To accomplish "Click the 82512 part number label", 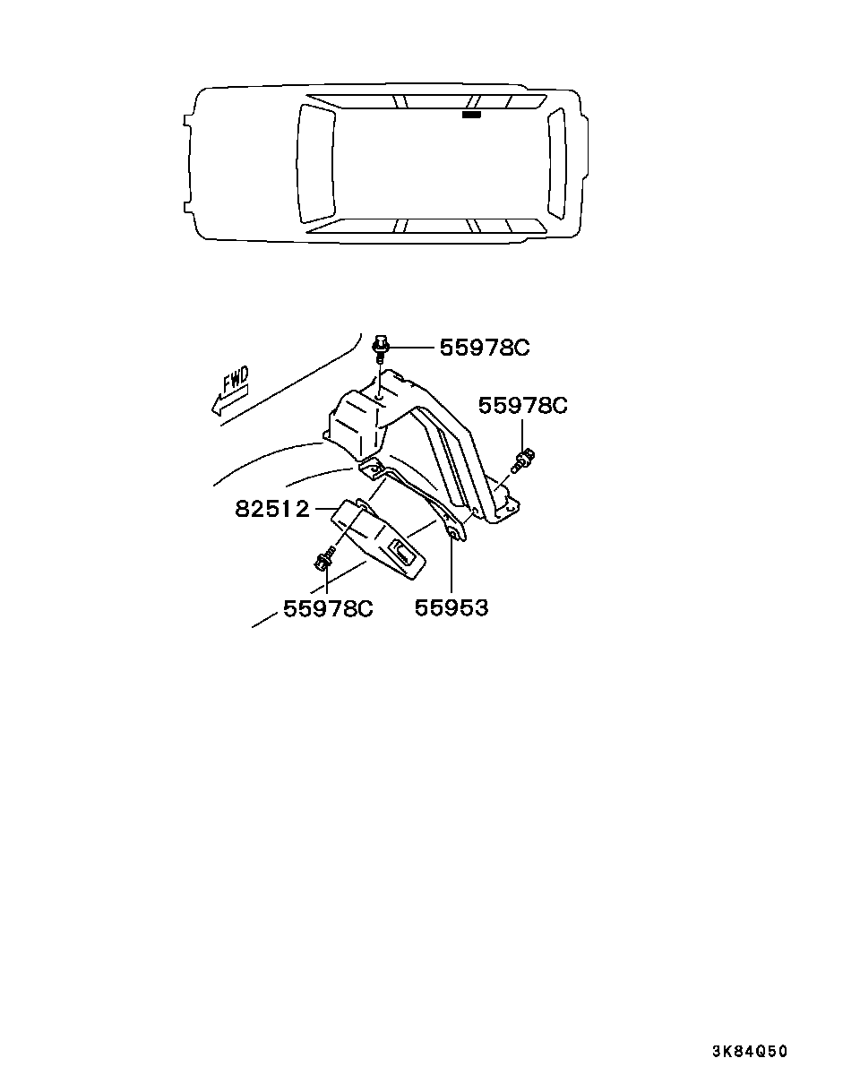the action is tap(271, 510).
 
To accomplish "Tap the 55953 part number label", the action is tap(451, 608).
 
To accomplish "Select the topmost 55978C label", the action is tap(484, 348).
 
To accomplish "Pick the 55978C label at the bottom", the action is tap(328, 608).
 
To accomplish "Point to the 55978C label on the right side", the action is tap(522, 405).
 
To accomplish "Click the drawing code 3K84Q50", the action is tap(750, 1052).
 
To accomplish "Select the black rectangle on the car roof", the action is tap(471, 115).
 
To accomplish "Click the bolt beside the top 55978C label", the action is tap(381, 345).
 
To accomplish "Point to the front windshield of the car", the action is tap(314, 163).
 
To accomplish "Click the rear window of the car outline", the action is tap(556, 163).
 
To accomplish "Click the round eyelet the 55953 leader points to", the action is tap(452, 535).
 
